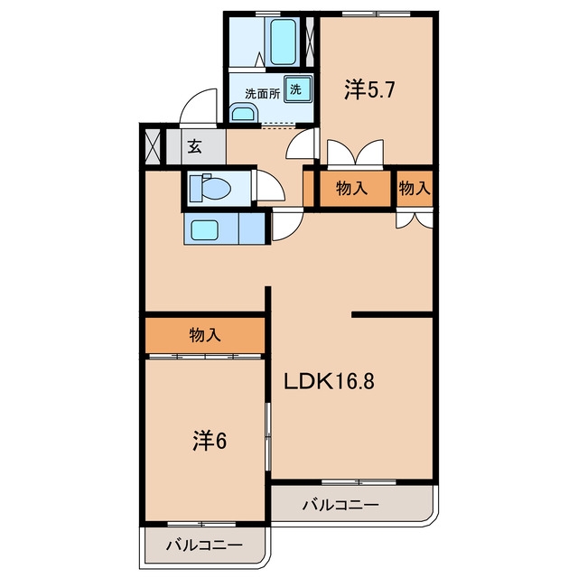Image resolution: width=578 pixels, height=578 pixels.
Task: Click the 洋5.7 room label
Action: [369, 89]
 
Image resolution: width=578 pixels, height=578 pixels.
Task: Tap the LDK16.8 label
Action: [329, 381]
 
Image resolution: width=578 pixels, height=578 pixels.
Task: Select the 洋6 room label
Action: [210, 441]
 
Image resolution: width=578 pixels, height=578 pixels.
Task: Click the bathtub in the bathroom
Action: [283, 42]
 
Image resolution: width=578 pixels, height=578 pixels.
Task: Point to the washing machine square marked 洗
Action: [297, 89]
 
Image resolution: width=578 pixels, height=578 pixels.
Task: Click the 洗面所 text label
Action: [263, 94]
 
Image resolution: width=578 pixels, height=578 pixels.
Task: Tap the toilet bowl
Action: [210, 189]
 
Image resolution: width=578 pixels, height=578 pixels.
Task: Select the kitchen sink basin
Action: [205, 230]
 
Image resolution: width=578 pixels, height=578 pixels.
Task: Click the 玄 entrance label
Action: [195, 147]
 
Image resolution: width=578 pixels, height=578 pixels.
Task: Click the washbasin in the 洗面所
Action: [243, 112]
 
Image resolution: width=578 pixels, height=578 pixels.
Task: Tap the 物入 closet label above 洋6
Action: [205, 335]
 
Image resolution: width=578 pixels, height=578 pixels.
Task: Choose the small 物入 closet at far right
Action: [415, 188]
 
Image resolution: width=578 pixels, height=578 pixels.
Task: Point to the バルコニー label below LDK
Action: [340, 505]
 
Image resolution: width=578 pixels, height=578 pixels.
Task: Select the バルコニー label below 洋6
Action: [204, 545]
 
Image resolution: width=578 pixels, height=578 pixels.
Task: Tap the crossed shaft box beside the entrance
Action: [153, 146]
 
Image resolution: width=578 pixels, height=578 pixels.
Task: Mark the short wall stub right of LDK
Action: [392, 314]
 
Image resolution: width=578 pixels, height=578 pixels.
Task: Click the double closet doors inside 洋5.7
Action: [355, 154]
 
